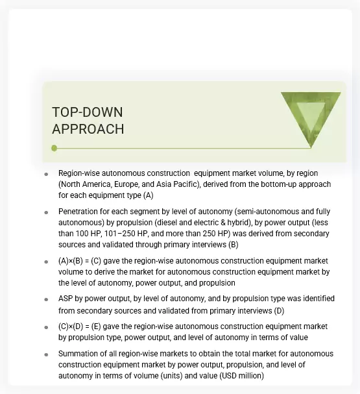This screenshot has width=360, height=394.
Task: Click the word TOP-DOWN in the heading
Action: point(87,112)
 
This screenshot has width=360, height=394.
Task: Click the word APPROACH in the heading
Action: point(88,129)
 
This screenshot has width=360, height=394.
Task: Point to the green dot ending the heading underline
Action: point(54,148)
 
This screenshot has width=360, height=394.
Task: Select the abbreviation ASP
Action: point(66,299)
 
